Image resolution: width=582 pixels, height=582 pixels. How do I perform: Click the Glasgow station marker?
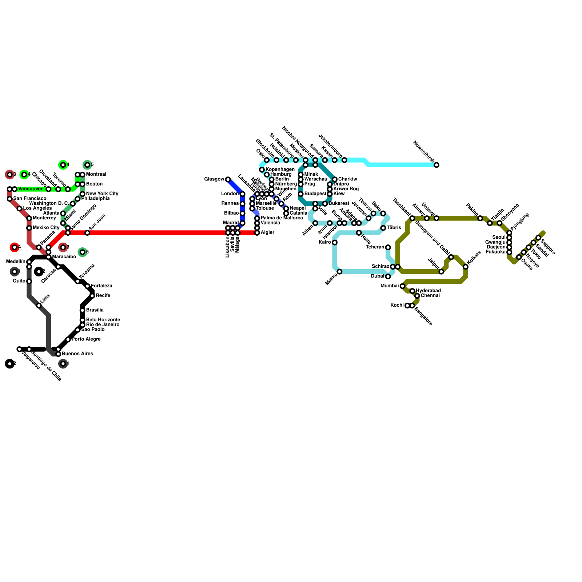pyautogui.click(x=228, y=179)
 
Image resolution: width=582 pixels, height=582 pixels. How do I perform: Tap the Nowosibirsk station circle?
pyautogui.click(x=436, y=165)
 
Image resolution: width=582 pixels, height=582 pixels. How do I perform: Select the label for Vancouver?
pyautogui.click(x=30, y=189)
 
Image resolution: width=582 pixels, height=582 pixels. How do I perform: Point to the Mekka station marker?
pyautogui.click(x=339, y=272)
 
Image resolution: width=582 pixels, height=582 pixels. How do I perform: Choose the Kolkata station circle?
pyautogui.click(x=466, y=267)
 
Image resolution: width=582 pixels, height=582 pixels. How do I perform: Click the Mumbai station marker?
pyautogui.click(x=402, y=286)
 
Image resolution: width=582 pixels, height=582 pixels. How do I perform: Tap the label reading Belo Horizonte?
pyautogui.click(x=103, y=320)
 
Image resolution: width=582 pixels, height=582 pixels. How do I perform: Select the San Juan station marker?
pyautogui.click(x=87, y=233)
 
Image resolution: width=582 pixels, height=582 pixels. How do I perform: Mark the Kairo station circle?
pyautogui.click(x=335, y=242)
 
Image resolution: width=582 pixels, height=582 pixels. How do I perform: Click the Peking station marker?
pyautogui.click(x=480, y=218)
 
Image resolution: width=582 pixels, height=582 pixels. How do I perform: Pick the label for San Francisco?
pyautogui.click(x=30, y=199)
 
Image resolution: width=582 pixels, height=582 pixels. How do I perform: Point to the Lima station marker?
pyautogui.click(x=39, y=306)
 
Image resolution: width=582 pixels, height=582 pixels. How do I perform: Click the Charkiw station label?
pyautogui.click(x=347, y=179)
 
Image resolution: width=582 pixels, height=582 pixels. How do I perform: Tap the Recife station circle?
pyautogui.click(x=92, y=296)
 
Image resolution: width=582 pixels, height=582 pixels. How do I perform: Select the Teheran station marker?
pyautogui.click(x=388, y=247)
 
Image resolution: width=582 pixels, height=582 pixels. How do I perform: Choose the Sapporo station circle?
pyautogui.click(x=538, y=238)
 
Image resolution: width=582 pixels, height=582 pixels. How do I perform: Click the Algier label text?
pyautogui.click(x=267, y=232)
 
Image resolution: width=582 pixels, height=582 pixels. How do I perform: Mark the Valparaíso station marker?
pyautogui.click(x=19, y=349)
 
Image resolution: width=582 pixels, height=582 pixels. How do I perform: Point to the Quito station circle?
pyautogui.click(x=29, y=281)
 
